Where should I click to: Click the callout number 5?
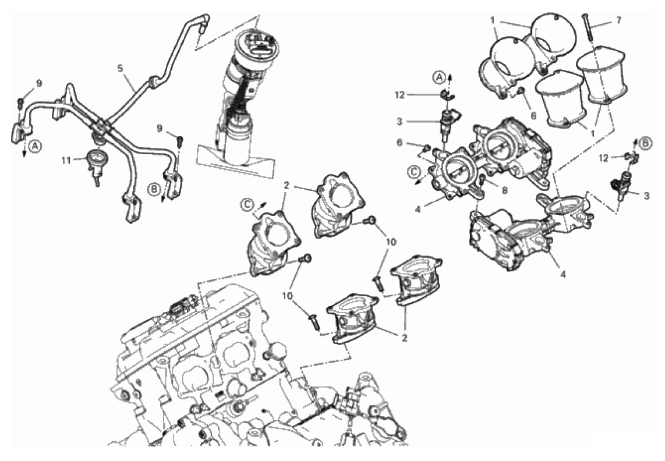(x=119, y=68)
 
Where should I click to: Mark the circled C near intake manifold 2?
(x=247, y=204)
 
